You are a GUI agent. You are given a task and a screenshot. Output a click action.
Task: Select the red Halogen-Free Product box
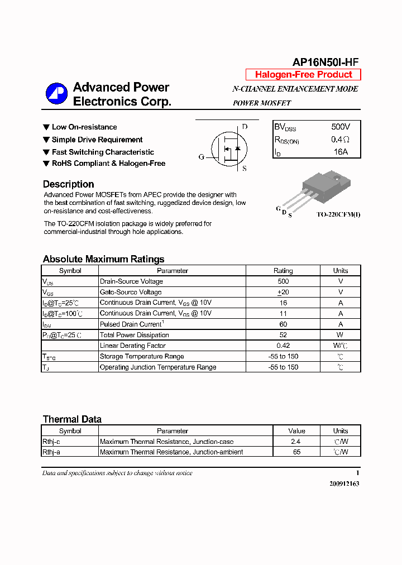click(303, 75)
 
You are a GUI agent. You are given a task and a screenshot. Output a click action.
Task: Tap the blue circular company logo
click(56, 93)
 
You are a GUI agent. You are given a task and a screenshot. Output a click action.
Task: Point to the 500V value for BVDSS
click(341, 127)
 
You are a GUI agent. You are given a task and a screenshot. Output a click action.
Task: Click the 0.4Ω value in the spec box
click(341, 140)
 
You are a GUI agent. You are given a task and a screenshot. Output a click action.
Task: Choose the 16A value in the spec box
click(341, 152)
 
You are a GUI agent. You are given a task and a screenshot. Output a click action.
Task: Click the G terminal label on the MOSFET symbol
click(202, 157)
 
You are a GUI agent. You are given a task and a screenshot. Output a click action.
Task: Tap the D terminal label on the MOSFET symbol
click(245, 127)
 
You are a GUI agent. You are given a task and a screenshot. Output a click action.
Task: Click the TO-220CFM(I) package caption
click(338, 214)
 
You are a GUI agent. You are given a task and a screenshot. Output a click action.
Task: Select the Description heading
click(68, 184)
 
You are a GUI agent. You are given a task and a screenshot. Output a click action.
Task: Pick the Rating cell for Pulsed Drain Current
click(283, 324)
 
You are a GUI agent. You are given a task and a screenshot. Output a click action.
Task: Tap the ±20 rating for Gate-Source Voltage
click(283, 292)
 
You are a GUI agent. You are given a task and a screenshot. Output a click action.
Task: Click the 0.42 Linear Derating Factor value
click(283, 346)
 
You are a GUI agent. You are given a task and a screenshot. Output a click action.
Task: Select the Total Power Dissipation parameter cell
click(134, 335)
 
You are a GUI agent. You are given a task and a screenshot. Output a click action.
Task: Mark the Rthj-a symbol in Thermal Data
click(51, 452)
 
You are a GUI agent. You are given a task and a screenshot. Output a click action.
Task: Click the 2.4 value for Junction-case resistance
click(296, 442)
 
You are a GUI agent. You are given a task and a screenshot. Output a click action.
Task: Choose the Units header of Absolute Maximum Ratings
click(341, 271)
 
